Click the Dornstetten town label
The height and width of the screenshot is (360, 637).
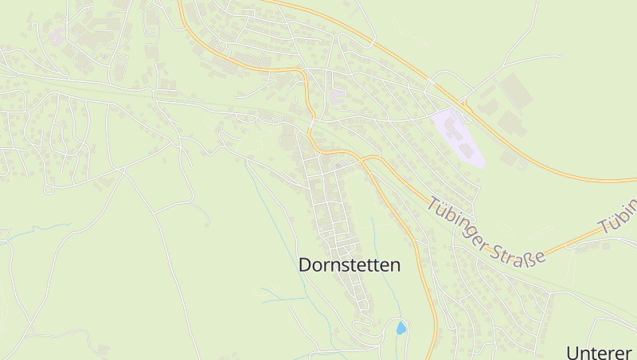click(x=350, y=265)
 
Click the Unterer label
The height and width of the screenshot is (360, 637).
click(x=600, y=351)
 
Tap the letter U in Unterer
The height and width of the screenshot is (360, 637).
click(x=573, y=351)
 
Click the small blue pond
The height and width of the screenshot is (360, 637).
click(x=401, y=327)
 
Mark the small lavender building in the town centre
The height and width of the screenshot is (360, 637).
click(x=338, y=96)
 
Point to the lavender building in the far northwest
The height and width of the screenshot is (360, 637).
click(x=57, y=36)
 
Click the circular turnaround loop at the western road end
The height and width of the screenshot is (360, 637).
click(x=48, y=190)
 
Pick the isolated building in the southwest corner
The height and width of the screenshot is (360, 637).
click(x=103, y=348)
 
